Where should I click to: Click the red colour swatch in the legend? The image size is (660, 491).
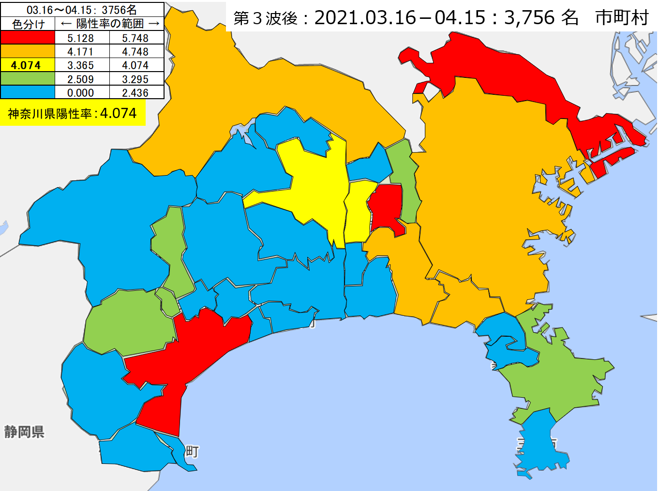pyautogui.click(x=28, y=38)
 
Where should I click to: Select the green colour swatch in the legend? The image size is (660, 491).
pyautogui.click(x=28, y=79)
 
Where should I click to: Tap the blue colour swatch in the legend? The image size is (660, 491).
pyautogui.click(x=28, y=92)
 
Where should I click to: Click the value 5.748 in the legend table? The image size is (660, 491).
pyautogui.click(x=135, y=38)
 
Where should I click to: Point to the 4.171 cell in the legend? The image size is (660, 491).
pyautogui.click(x=81, y=52)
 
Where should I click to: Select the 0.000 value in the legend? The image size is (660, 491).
pyautogui.click(x=81, y=92)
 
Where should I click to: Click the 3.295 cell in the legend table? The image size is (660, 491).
pyautogui.click(x=135, y=79)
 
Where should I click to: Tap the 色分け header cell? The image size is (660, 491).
pyautogui.click(x=28, y=24)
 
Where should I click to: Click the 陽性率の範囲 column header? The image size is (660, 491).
pyautogui.click(x=110, y=24)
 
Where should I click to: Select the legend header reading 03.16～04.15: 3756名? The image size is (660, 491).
pyautogui.click(x=82, y=10)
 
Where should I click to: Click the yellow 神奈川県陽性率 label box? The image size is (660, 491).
pyautogui.click(x=73, y=113)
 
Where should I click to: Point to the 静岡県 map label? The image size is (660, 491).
pyautogui.click(x=24, y=431)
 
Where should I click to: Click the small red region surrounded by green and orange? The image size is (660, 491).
pyautogui.click(x=386, y=206)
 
